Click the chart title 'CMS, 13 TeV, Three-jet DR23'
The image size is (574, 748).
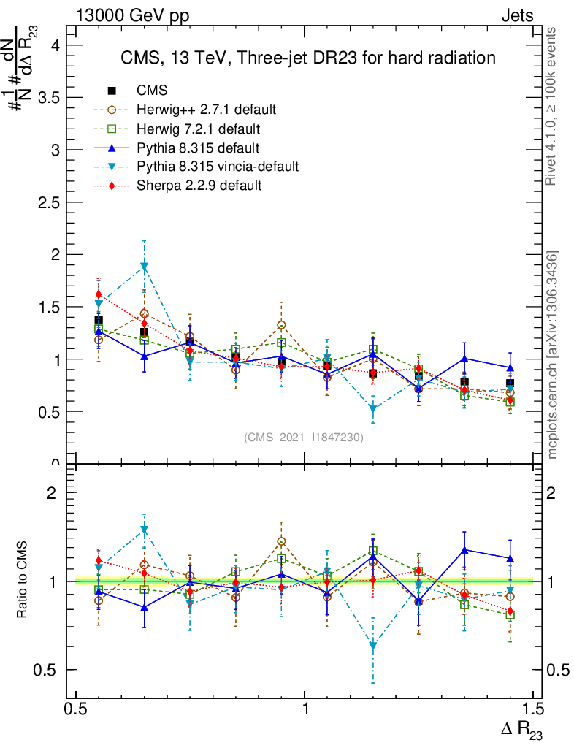click(308, 58)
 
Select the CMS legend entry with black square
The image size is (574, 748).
click(152, 91)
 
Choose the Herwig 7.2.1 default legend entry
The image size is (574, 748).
click(198, 129)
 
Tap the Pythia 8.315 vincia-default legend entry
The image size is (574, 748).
click(218, 167)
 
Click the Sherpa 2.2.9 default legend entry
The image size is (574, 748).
click(199, 186)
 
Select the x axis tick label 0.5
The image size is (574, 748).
click(76, 709)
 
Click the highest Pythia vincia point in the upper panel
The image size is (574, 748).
click(145, 267)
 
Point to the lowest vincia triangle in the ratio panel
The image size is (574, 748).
click(373, 646)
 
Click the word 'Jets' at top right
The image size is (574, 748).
click(517, 16)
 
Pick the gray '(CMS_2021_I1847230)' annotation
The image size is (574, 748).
click(303, 438)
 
